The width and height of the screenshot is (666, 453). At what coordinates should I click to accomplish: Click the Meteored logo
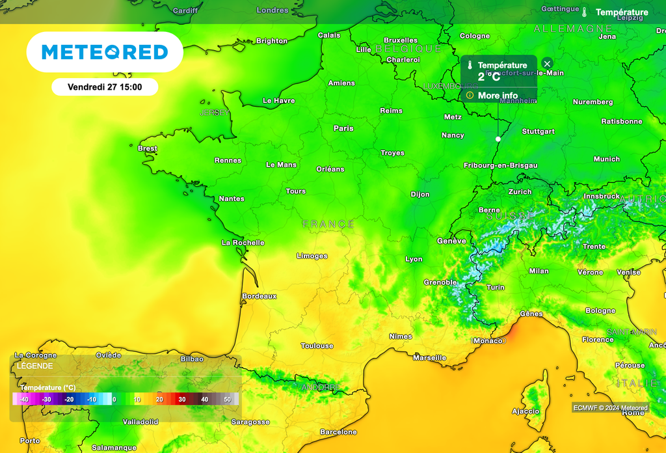(105, 52)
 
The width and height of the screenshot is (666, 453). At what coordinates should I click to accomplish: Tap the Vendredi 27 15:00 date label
(105, 87)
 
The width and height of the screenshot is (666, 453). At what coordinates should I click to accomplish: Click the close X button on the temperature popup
(547, 63)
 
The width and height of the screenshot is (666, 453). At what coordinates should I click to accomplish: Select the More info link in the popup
(498, 96)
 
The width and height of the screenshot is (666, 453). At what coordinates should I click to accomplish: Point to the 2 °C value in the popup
(489, 77)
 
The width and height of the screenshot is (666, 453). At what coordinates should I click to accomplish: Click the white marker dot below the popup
(498, 139)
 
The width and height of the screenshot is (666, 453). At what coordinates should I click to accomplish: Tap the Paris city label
(343, 128)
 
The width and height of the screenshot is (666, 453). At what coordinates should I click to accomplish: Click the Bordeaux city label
(259, 296)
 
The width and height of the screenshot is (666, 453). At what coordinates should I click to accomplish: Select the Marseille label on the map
(429, 357)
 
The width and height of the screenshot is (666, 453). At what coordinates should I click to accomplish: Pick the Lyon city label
(414, 259)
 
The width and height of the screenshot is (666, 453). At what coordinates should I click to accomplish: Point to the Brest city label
(148, 148)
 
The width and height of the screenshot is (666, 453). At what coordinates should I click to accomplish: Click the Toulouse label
(317, 346)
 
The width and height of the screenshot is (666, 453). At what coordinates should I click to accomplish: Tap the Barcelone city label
(338, 432)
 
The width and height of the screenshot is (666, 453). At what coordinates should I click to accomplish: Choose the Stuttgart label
(539, 131)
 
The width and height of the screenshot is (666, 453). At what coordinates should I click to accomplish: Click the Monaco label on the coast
(488, 340)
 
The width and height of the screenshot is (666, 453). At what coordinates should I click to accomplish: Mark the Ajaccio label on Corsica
(526, 411)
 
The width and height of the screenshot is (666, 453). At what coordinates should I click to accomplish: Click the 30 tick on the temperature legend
(182, 399)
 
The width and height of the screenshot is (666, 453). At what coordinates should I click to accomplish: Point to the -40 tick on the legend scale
(24, 399)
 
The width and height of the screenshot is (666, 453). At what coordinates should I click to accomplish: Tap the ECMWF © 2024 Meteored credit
(610, 408)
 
